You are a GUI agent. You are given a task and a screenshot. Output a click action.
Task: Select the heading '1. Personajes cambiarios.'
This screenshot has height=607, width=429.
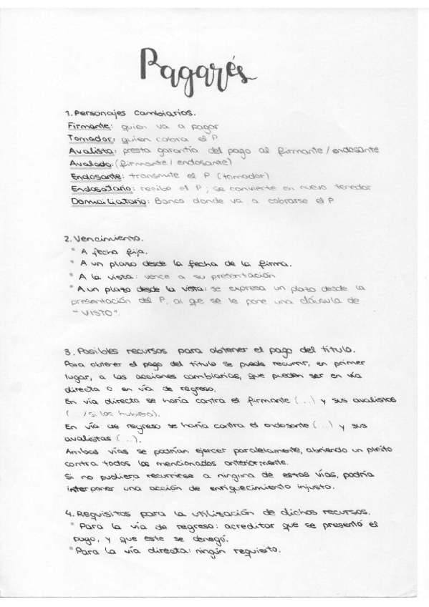click(x=130, y=113)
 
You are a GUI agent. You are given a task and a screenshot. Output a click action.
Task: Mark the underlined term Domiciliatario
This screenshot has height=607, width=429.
click(x=108, y=201)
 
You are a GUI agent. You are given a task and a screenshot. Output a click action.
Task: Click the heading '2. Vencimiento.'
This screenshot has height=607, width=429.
click(x=103, y=238)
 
